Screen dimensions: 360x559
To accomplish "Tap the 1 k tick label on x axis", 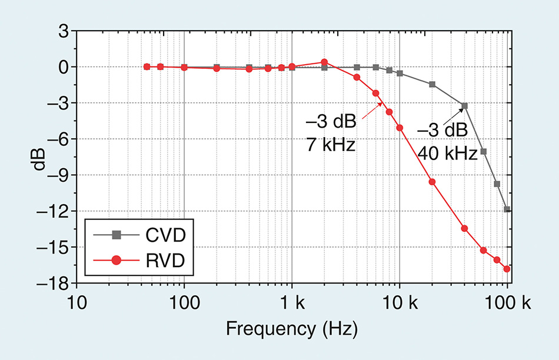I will [x=292, y=304].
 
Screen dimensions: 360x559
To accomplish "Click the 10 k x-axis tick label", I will [x=400, y=304].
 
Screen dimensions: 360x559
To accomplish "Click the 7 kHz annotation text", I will [x=331, y=144].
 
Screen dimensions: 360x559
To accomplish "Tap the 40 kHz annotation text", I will [x=447, y=154].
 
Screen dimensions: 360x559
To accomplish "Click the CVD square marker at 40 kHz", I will [x=464, y=106].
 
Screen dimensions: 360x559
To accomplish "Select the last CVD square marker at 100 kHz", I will [x=507, y=209].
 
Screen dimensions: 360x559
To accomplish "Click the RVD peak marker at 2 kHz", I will [x=324, y=62].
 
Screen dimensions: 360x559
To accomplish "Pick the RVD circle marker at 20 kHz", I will [x=432, y=182].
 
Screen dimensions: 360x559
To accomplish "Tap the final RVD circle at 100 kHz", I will [x=507, y=269].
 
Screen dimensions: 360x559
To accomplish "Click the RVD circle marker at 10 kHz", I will [x=400, y=128].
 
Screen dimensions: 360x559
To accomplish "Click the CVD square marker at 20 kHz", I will [x=432, y=84].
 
